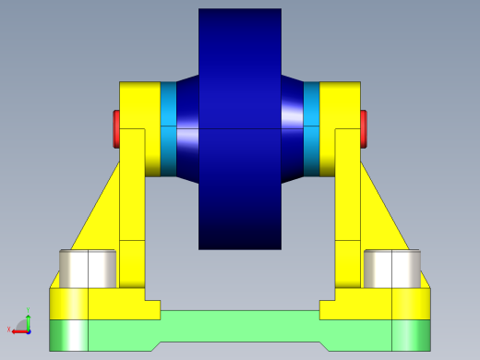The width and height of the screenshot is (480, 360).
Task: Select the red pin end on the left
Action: (x=116, y=128)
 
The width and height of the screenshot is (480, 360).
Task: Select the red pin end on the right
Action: (x=364, y=128)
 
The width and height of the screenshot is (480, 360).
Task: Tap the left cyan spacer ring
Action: (x=168, y=129)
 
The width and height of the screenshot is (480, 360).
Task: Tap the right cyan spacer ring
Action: (x=312, y=129)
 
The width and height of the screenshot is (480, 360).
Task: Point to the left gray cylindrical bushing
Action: (x=88, y=268)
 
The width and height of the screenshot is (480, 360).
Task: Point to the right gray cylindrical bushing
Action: (x=392, y=268)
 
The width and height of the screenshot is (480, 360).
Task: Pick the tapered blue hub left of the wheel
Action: (x=187, y=129)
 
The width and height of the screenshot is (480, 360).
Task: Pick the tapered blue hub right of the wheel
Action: (x=293, y=129)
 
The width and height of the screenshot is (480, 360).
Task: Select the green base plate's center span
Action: (x=240, y=325)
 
